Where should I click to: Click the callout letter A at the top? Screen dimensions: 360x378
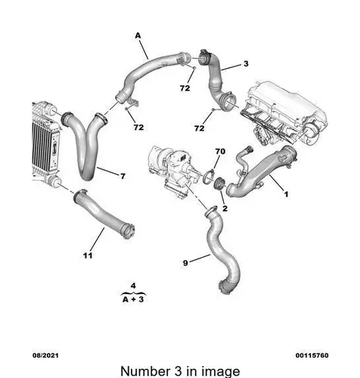[138, 36]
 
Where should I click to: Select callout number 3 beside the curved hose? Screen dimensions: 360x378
[246, 64]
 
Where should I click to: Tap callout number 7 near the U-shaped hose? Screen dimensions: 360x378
[123, 176]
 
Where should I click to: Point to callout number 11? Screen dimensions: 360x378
[88, 256]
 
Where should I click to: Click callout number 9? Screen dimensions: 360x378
[185, 263]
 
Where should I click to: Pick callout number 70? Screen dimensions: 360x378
[220, 151]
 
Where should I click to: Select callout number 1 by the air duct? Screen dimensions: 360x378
[286, 194]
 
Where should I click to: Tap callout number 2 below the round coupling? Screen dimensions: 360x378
[225, 209]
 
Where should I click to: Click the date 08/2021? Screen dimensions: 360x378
[45, 355]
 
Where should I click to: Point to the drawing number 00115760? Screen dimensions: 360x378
[312, 355]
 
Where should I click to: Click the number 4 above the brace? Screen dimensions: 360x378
[133, 286]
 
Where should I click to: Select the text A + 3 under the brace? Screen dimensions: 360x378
[133, 299]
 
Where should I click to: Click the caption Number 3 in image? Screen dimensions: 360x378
[180, 371]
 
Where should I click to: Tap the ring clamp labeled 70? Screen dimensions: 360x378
[209, 176]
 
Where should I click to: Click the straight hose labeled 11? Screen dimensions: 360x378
[104, 213]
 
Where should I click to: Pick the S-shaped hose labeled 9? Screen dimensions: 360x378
[222, 252]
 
